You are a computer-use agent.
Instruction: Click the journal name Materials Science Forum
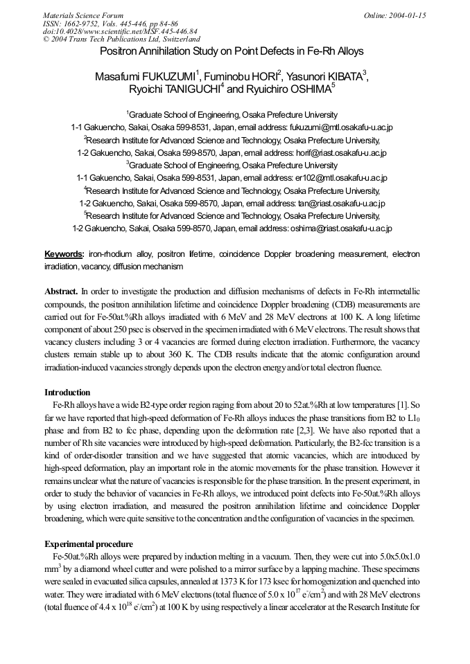pyautogui.click(x=83, y=15)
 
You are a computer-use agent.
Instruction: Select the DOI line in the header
pyautogui.click(x=120, y=31)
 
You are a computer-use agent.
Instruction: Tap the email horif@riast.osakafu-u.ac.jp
pyautogui.click(x=329, y=152)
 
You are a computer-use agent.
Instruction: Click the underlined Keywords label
pyautogui.click(x=64, y=254)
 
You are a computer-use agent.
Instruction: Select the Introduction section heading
pyautogui.click(x=67, y=393)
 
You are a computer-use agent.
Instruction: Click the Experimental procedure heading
pyautogui.click(x=88, y=544)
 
